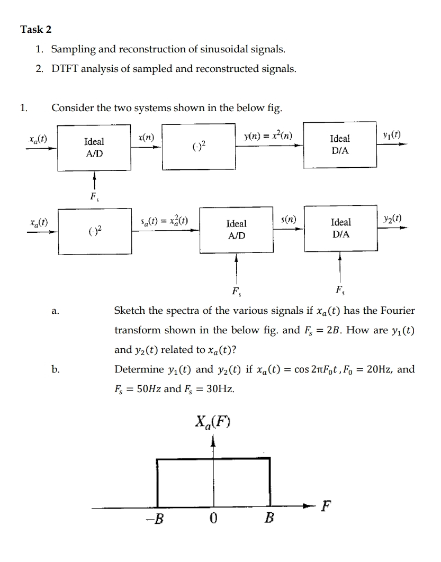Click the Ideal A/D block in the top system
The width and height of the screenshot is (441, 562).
coord(94,148)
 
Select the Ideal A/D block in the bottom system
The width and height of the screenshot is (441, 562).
coord(236,230)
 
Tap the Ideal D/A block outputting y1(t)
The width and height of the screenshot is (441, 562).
coord(339,144)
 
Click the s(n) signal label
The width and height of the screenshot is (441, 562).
coord(291,219)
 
